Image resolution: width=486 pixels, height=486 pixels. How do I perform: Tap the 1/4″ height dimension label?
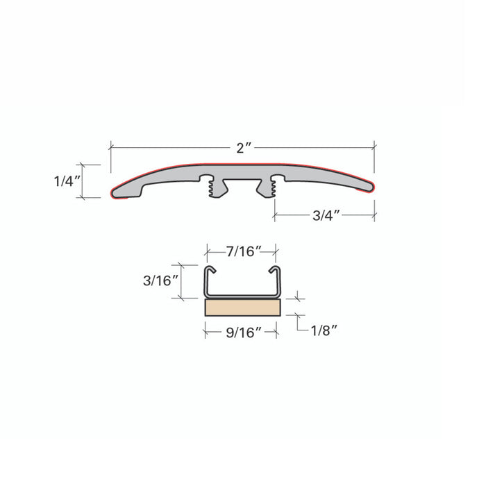pos(67,181)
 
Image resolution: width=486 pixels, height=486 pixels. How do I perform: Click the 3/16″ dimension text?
pos(161,280)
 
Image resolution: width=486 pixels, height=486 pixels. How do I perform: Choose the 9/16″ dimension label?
pos(244,333)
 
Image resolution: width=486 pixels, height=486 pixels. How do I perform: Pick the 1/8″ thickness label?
pos(324,330)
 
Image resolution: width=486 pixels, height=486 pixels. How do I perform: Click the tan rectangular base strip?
pos(243,308)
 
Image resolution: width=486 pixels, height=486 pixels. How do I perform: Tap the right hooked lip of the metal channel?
pos(274,269)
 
